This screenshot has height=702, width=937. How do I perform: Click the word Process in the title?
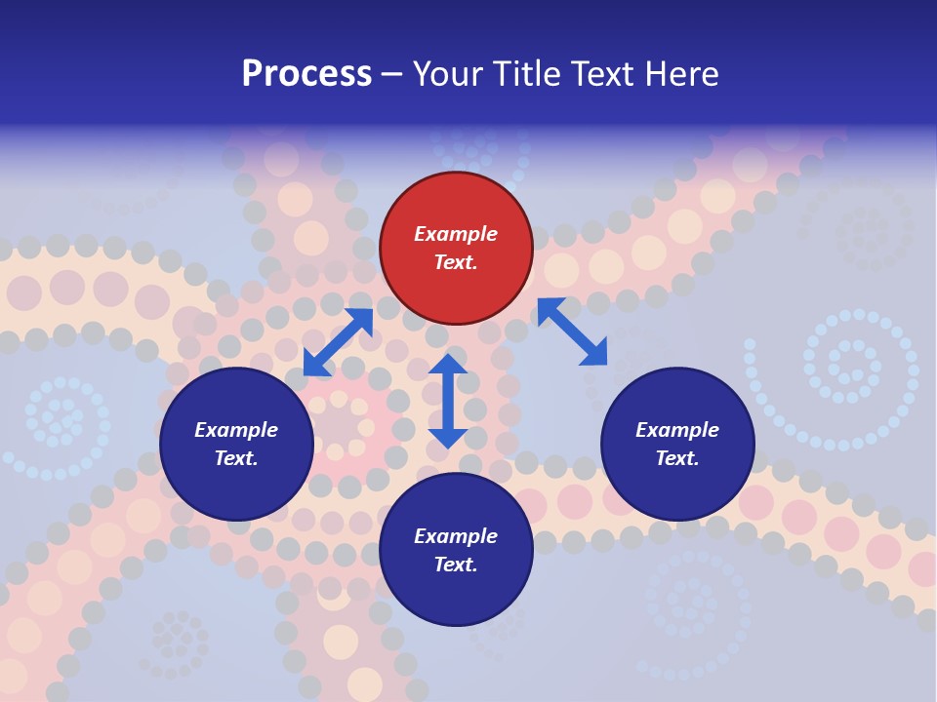click(306, 74)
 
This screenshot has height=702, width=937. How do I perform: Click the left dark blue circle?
click(236, 444)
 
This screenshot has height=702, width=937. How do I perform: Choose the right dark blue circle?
click(677, 444)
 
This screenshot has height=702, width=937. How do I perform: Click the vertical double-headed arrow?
click(447, 401)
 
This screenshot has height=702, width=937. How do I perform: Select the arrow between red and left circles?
click(338, 342)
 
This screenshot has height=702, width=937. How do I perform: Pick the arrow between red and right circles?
click(572, 332)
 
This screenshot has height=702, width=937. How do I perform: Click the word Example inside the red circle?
click(456, 234)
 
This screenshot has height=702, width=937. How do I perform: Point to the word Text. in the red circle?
click(456, 262)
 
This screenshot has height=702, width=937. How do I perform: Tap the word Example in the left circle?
click(236, 430)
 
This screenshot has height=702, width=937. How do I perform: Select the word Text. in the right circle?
click(677, 458)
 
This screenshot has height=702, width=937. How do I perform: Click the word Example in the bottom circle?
click(456, 536)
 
